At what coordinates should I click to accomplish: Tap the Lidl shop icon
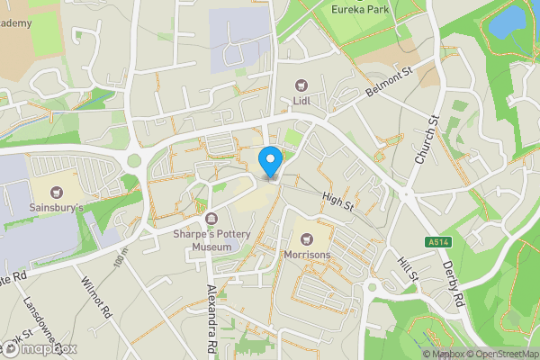click(301, 85)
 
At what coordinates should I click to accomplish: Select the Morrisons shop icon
click(306, 239)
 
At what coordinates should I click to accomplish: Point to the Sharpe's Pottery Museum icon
click(211, 219)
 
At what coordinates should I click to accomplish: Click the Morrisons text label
click(306, 256)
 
